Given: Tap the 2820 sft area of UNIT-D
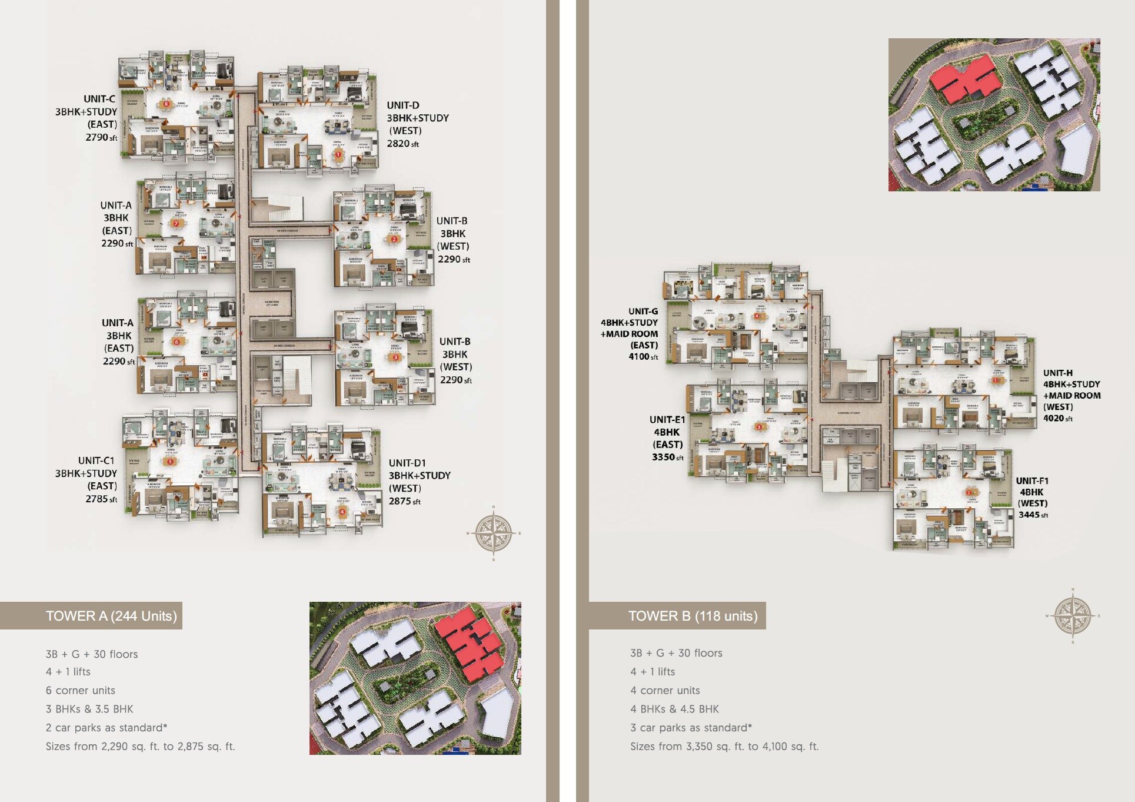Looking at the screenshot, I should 402,144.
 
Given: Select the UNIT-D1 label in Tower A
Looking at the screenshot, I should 407,463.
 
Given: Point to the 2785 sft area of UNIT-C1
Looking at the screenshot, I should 101,499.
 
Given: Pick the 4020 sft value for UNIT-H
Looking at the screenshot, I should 1057,418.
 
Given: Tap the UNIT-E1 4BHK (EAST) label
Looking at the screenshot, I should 667,432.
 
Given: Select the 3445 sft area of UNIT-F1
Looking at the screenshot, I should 1033,515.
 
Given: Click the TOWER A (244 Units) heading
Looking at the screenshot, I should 111,616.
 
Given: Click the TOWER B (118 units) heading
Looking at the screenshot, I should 693,616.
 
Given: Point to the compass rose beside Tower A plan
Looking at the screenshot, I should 493,533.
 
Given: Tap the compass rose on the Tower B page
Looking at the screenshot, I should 1073,616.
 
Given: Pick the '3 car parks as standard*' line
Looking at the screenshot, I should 691,728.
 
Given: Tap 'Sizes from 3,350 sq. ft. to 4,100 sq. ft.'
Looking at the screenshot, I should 724,747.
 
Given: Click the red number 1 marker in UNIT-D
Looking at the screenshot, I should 338,155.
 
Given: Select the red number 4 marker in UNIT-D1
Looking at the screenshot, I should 342,512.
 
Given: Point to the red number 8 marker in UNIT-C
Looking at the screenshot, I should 167,104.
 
